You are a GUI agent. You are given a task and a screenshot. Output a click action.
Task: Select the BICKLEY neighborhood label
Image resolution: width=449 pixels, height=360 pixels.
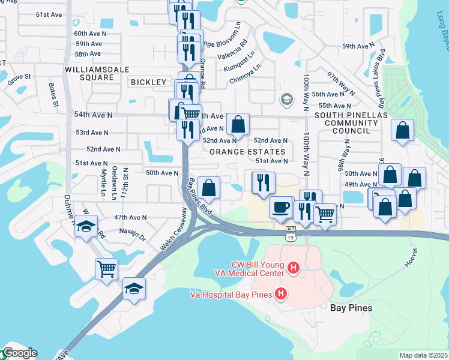click(x=148, y=82)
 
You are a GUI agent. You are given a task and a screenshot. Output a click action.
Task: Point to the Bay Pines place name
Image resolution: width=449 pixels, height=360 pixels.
click(x=352, y=308)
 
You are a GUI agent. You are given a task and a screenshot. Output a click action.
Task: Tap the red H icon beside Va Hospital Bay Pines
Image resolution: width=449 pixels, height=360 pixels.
click(x=280, y=293)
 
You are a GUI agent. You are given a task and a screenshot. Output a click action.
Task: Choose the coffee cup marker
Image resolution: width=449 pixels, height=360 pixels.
click(x=281, y=208)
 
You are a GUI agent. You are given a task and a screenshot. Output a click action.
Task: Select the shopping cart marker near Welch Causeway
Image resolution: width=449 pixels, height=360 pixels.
click(x=106, y=269)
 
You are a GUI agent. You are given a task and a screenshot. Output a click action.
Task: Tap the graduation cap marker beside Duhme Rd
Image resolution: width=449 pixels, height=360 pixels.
click(x=86, y=227)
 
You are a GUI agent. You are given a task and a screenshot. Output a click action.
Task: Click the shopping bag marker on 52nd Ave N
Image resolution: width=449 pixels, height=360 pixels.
click(x=238, y=125)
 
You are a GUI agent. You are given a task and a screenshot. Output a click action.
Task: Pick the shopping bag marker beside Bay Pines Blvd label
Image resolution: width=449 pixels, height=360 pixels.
click(x=208, y=188)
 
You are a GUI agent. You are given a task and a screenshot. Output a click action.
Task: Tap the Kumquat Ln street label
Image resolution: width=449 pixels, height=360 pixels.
click(x=235, y=61)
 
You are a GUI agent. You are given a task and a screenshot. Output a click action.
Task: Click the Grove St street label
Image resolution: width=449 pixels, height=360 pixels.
click(x=19, y=77)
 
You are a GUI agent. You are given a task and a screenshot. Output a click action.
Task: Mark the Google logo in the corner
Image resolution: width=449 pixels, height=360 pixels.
click(x=19, y=353)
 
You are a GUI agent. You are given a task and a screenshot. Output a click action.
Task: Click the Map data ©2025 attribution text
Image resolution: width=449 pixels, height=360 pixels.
click(x=423, y=355)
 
